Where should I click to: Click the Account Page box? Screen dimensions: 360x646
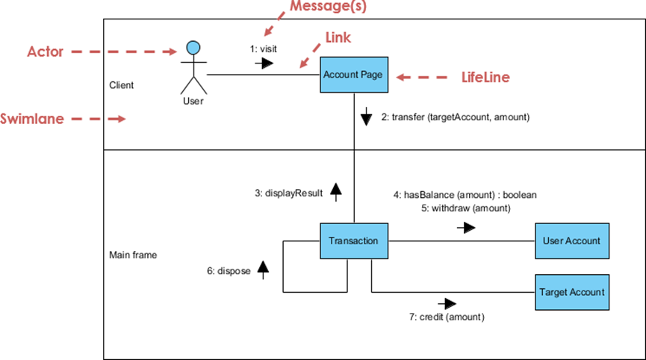353,75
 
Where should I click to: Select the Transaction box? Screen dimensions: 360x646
353,240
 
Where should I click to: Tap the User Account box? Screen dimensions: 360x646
572,240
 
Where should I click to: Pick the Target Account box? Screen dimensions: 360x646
572,292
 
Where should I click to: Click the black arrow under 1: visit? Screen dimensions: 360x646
264,63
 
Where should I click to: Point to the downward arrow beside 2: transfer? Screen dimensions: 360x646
366,117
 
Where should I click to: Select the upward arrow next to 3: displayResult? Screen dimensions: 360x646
335,193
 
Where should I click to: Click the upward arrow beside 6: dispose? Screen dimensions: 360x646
262,270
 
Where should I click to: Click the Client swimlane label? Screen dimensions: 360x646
122,85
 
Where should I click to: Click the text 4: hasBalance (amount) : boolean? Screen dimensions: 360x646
465,195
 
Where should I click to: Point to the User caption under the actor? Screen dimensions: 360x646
193,100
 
